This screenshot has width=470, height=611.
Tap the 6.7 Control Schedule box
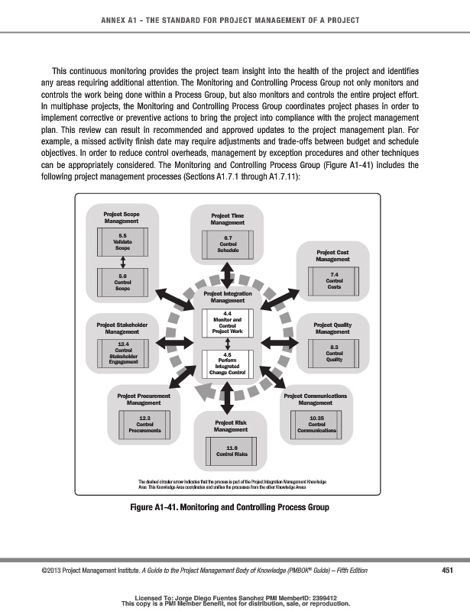(x=227, y=244)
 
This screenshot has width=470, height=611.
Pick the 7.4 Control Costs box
(x=334, y=280)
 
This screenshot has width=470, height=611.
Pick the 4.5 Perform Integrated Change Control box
(x=227, y=364)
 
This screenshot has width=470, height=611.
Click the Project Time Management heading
(x=228, y=219)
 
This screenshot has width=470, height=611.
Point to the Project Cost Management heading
(x=333, y=256)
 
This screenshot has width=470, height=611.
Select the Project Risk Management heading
(x=231, y=426)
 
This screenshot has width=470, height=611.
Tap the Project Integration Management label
(x=227, y=297)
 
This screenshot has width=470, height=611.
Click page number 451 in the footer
(x=450, y=571)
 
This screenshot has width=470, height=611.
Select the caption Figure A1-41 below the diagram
(x=235, y=506)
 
